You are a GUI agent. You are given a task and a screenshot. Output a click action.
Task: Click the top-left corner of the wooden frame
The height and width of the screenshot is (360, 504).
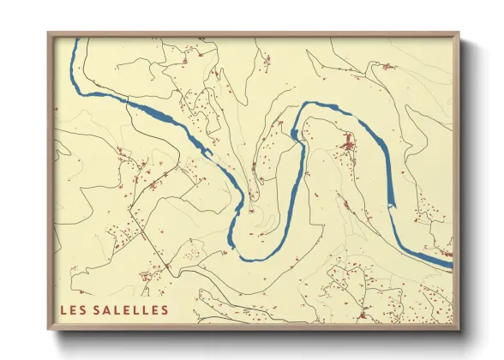pyautogui.click(x=49, y=33)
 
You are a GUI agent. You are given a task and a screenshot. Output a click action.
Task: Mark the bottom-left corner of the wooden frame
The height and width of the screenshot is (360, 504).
pyautogui.click(x=49, y=329)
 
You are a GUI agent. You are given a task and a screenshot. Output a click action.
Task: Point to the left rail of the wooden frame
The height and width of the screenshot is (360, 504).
pyautogui.click(x=50, y=180)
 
